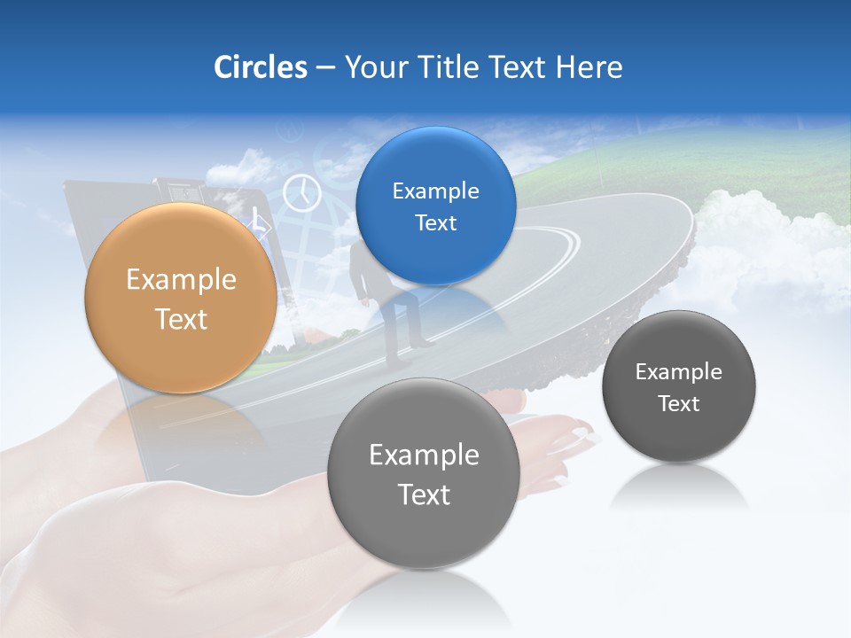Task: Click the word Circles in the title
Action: point(260,67)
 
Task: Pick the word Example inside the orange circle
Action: point(181,280)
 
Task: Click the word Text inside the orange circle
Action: point(181,319)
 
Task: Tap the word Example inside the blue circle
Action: point(435,191)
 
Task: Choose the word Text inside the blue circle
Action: point(435,222)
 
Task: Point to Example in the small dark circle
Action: point(678,372)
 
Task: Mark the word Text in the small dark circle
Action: point(678,404)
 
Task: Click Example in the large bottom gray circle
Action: point(423,455)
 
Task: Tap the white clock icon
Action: point(302,192)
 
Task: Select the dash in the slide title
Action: point(325,67)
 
